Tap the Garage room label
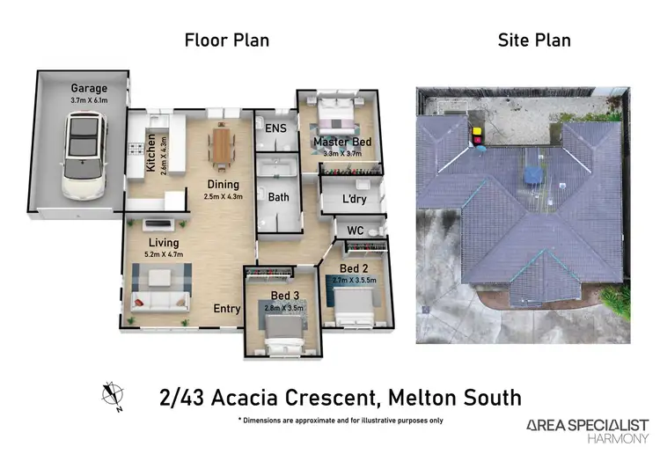click(90, 88)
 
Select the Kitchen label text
click(151, 152)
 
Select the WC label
click(355, 230)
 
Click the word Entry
click(227, 309)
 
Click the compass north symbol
click(112, 393)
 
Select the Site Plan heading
click(534, 40)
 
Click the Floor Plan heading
click(226, 40)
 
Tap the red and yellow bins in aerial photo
click(477, 135)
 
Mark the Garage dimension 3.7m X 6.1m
click(90, 100)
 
